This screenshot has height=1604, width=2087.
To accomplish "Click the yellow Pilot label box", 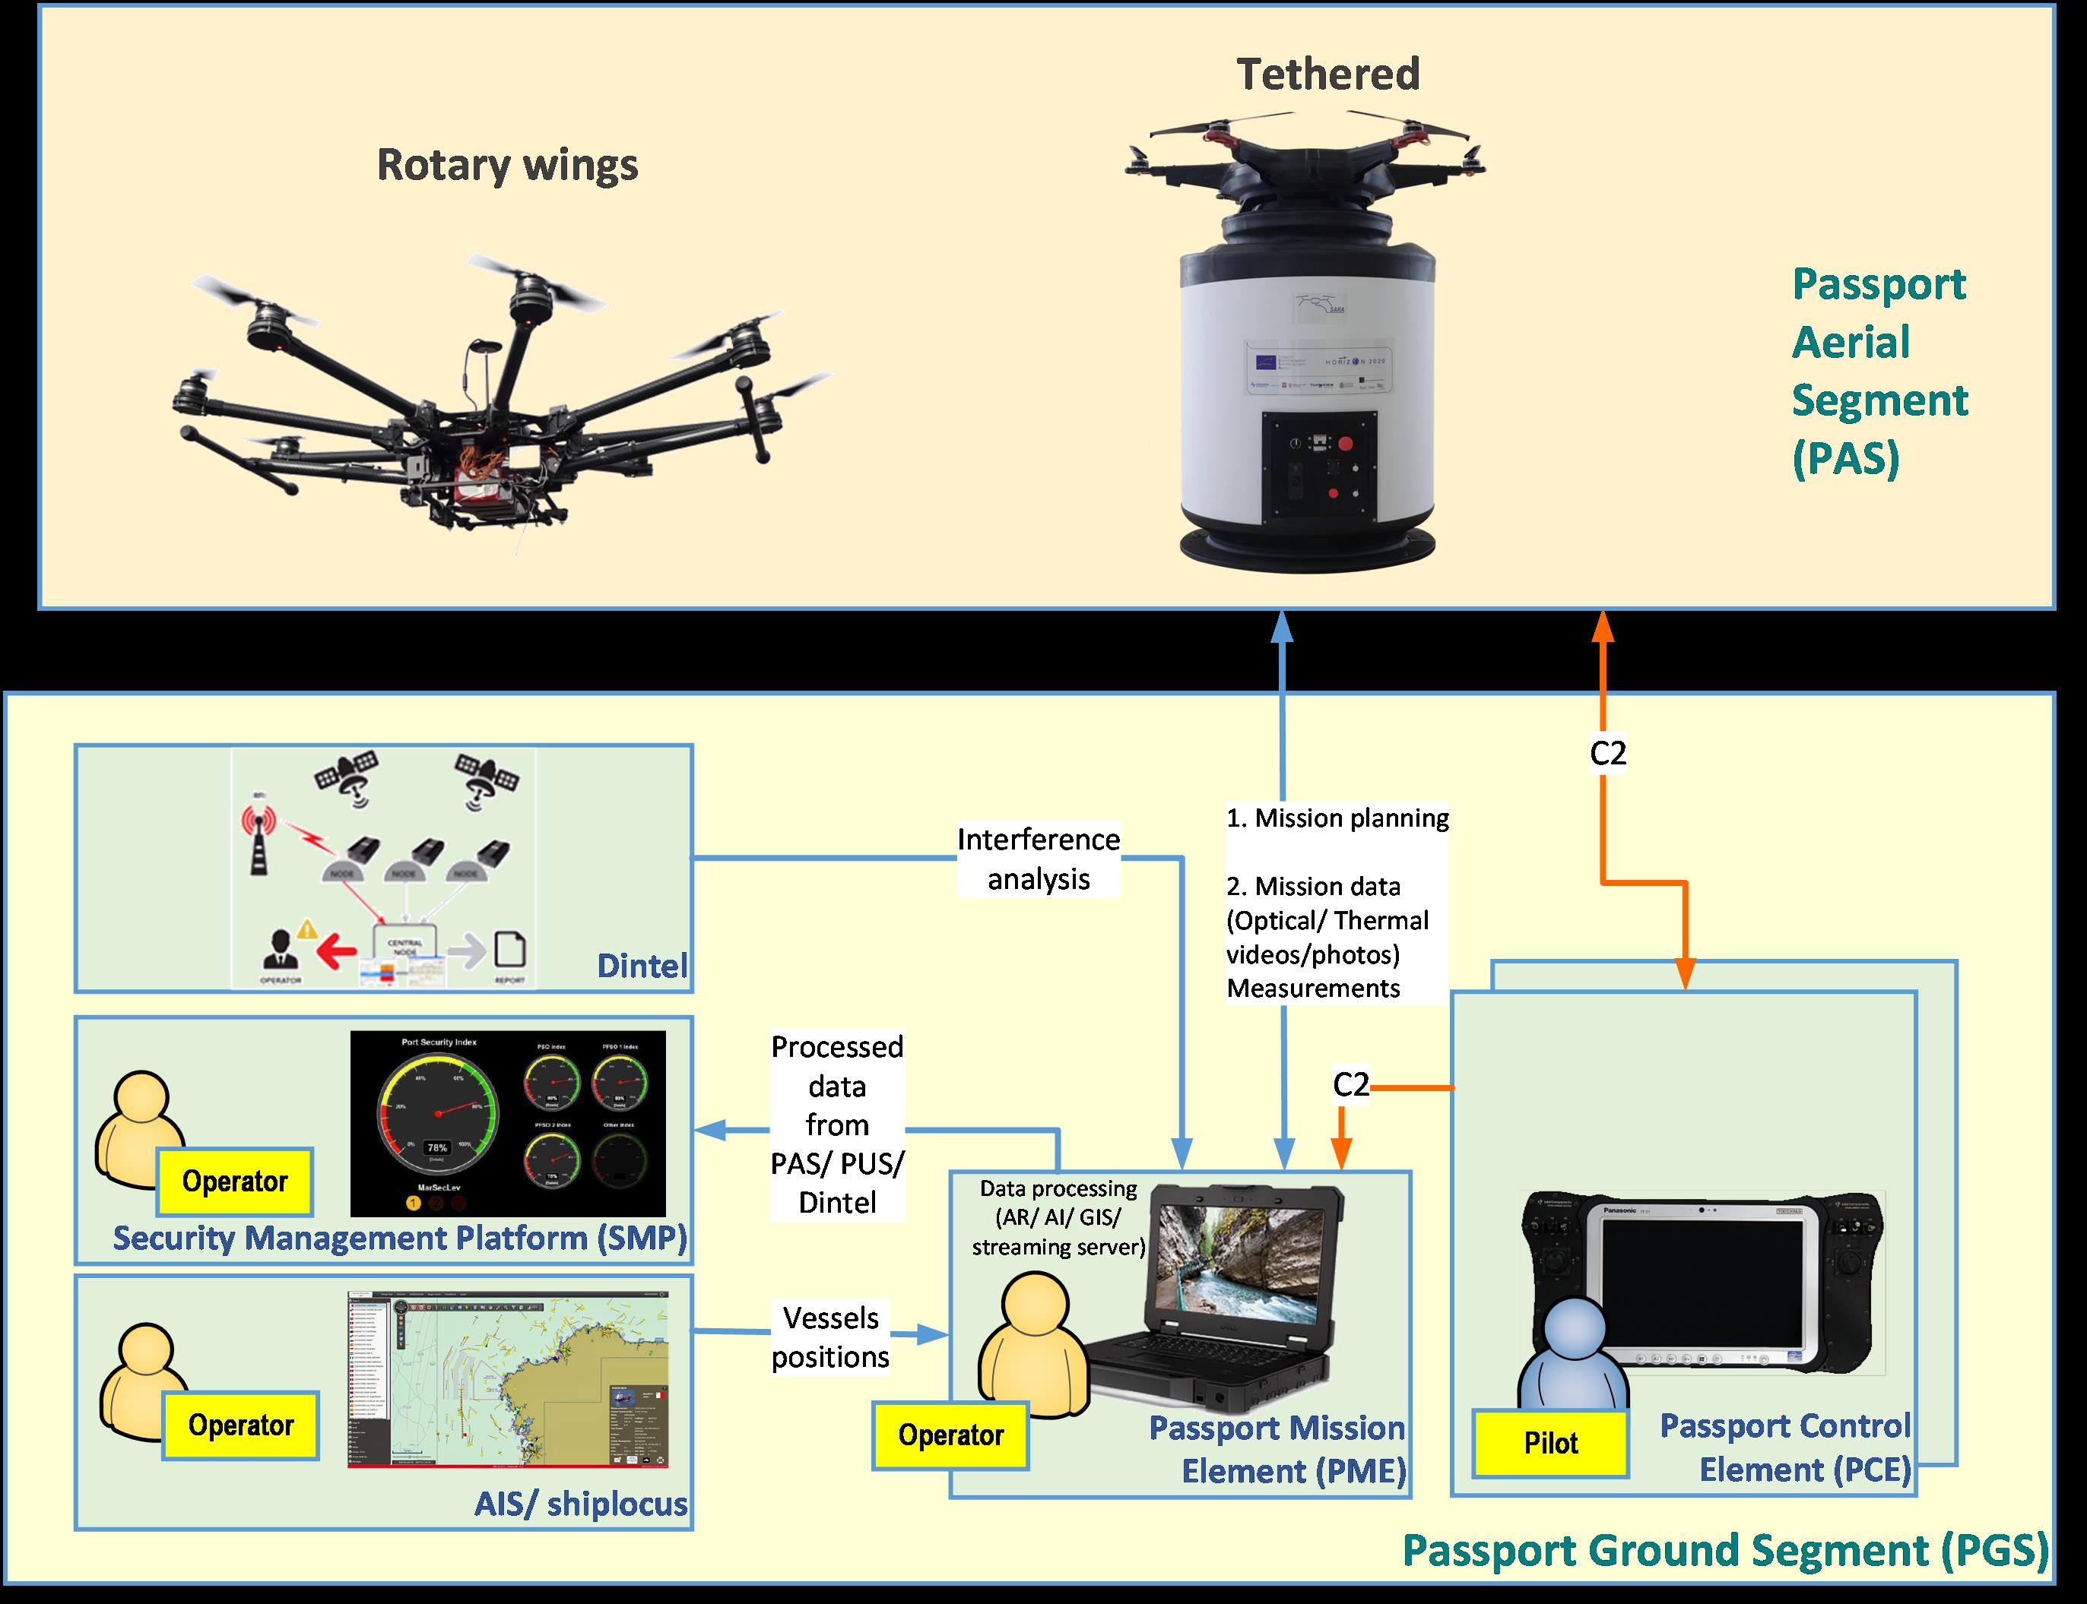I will (x=1550, y=1443).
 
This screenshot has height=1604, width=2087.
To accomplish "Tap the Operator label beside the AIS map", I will (x=241, y=1425).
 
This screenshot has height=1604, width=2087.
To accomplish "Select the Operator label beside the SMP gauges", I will (x=235, y=1181).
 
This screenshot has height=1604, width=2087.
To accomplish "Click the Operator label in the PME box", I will (x=950, y=1435).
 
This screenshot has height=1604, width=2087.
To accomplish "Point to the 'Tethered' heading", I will (x=1327, y=74).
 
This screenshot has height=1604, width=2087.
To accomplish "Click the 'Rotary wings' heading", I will (x=507, y=164).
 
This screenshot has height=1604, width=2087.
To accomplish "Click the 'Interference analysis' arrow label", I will (x=1039, y=859).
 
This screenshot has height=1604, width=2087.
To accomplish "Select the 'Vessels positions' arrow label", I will (x=830, y=1337).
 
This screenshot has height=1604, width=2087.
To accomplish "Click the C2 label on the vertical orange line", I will (x=1607, y=753).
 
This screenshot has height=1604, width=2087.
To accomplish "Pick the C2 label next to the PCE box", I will (x=1350, y=1084).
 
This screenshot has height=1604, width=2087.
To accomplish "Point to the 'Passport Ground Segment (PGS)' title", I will (x=1725, y=1549).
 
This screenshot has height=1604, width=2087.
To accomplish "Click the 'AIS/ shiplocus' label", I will (x=581, y=1504).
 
